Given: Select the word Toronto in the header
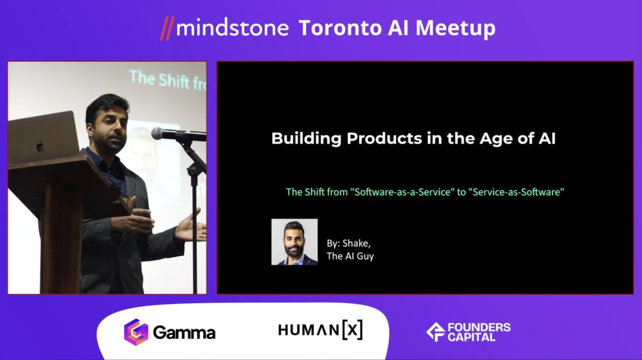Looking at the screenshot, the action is click(340, 28).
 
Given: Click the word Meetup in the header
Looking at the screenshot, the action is click(455, 29).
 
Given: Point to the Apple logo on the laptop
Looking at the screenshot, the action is click(40, 146).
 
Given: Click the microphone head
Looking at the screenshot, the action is click(157, 133).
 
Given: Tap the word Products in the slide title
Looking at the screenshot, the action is click(384, 138).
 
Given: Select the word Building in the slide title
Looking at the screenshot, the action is click(307, 138).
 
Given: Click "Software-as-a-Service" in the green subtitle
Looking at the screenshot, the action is click(402, 192).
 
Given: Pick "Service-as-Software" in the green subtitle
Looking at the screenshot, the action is click(516, 192).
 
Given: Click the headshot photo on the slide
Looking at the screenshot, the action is click(294, 242).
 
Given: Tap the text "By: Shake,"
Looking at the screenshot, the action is click(349, 243).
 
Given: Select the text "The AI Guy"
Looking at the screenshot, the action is click(350, 256).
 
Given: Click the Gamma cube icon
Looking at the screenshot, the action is click(136, 332).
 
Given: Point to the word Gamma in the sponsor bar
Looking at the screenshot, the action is click(184, 332).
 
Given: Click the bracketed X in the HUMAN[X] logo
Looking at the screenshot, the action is click(353, 330).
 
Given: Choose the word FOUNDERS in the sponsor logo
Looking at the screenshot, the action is click(479, 327).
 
